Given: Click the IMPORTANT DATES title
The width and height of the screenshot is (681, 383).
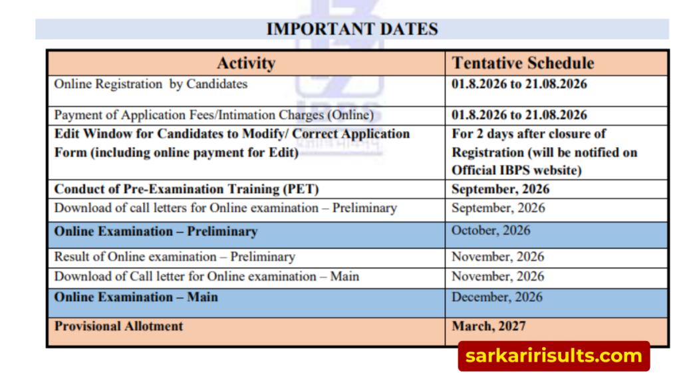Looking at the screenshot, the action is pyautogui.click(x=352, y=29).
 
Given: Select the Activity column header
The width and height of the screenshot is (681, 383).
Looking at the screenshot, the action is pyautogui.click(x=246, y=63).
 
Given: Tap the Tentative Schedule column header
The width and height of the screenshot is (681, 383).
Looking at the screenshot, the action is pyautogui.click(x=523, y=63).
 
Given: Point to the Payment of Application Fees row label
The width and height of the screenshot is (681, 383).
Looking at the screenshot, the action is pyautogui.click(x=213, y=115).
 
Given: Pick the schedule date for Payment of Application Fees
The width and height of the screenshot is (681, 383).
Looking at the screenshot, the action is pyautogui.click(x=519, y=115).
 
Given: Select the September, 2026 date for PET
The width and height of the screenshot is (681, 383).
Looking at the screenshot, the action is pyautogui.click(x=500, y=190).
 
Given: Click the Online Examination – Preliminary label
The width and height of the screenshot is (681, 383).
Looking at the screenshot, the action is pyautogui.click(x=156, y=231).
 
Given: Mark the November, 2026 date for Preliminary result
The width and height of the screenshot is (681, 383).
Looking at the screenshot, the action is pyautogui.click(x=497, y=257).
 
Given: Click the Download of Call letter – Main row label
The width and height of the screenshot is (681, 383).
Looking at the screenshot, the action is pyautogui.click(x=207, y=277).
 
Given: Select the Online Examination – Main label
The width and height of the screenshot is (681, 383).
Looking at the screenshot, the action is pyautogui.click(x=136, y=297).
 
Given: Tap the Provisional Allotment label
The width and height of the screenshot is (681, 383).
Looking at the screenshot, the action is pyautogui.click(x=118, y=326).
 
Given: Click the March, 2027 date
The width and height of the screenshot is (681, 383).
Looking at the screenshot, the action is pyautogui.click(x=489, y=326).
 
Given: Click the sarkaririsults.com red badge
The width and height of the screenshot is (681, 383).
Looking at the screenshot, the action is pyautogui.click(x=554, y=356).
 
